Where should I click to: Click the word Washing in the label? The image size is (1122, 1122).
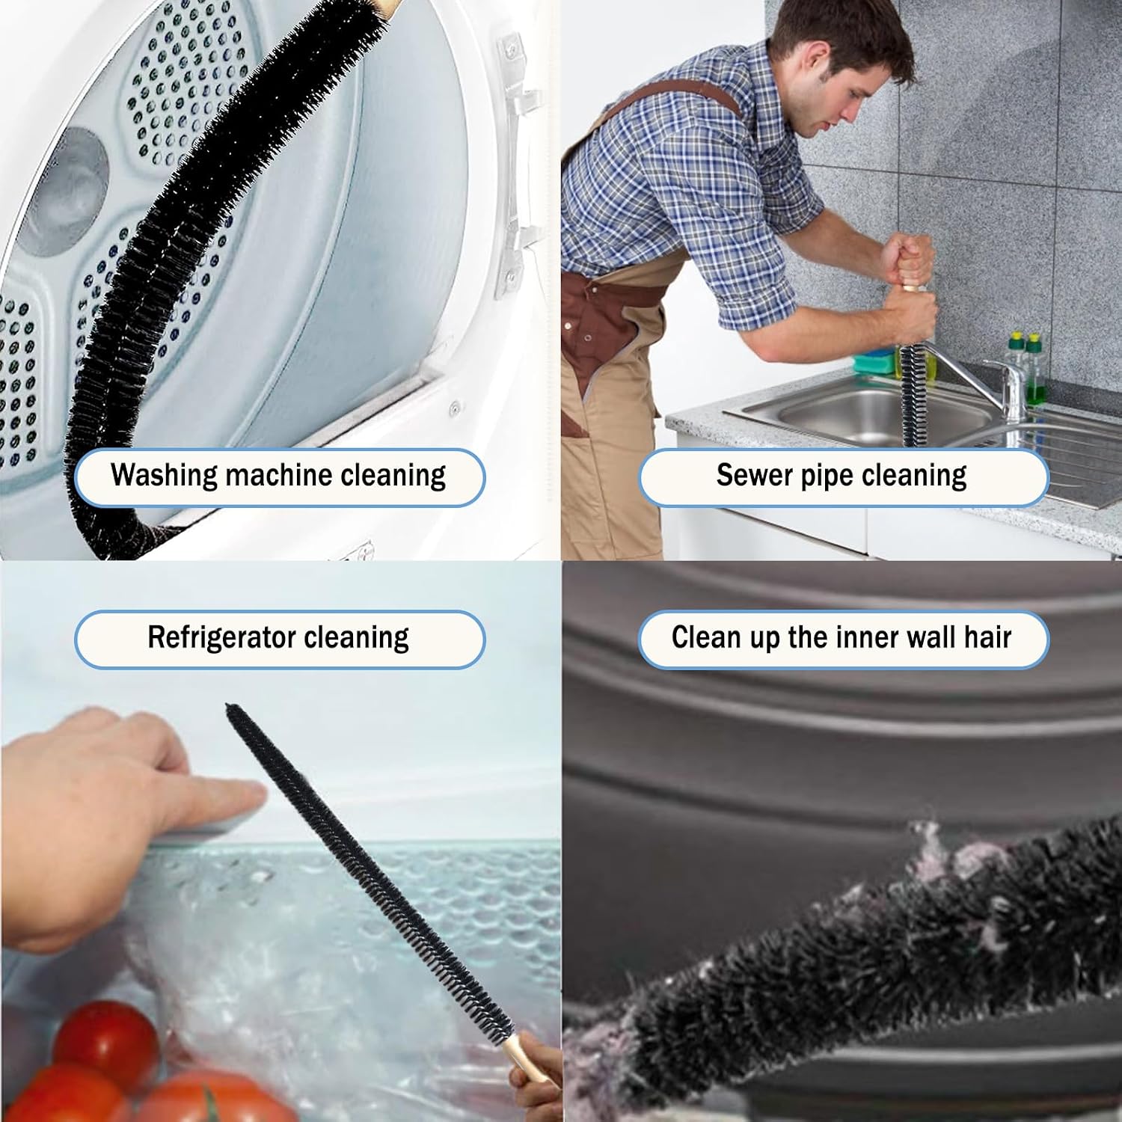pos(164,476)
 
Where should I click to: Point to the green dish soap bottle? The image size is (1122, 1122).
pos(1034,370)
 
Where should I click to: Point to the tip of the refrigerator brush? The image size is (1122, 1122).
pos(229,708)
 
